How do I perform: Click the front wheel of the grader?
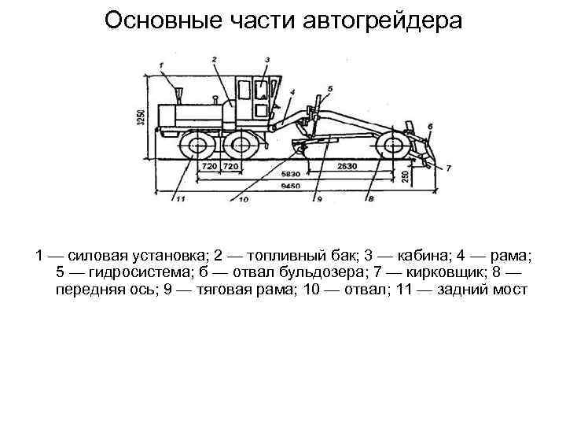pyautogui.click(x=390, y=147)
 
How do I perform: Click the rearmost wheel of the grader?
pyautogui.click(x=195, y=147)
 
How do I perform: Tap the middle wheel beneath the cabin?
pyautogui.click(x=238, y=147)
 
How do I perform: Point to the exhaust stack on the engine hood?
pyautogui.click(x=179, y=95)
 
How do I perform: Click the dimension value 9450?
pyautogui.click(x=291, y=187)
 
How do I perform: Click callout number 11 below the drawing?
pyautogui.click(x=181, y=200)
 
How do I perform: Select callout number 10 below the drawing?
pyautogui.click(x=244, y=200)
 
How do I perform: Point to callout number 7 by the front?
pyautogui.click(x=448, y=168)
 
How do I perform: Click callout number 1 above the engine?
pyautogui.click(x=161, y=65)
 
